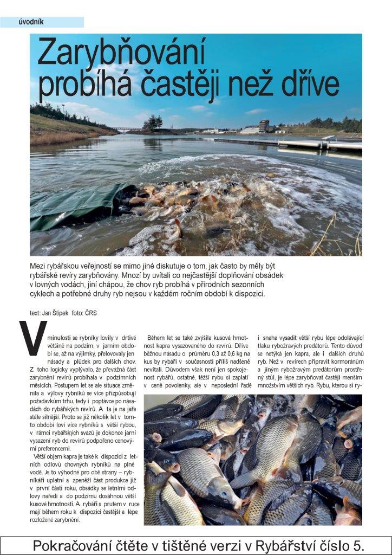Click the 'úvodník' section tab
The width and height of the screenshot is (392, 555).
click(x=31, y=22)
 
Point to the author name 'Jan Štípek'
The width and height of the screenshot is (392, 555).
click(x=56, y=313)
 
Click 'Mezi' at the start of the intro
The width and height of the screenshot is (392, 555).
click(x=39, y=266)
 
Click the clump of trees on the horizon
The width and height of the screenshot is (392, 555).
click(x=153, y=122)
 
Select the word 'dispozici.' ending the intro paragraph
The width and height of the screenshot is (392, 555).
click(x=246, y=294)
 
